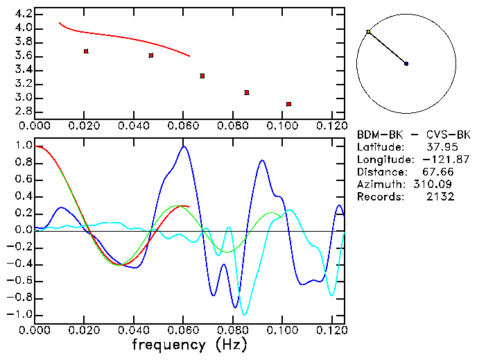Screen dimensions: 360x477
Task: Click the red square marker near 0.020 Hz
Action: [x=86, y=51]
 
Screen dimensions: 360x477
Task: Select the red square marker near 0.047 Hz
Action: [x=151, y=55]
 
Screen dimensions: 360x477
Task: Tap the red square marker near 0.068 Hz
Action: [x=202, y=76]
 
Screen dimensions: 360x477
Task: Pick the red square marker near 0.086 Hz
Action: [x=247, y=92]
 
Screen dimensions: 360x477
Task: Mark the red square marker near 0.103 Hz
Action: [x=288, y=104]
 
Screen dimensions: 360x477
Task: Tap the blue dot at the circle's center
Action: [x=406, y=64]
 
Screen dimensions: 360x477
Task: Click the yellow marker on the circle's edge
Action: [x=368, y=32]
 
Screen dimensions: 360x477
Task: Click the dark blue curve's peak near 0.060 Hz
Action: [x=184, y=146]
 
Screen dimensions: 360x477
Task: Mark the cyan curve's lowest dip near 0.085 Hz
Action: [x=244, y=314]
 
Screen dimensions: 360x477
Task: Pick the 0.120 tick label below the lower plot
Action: [x=332, y=331]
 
